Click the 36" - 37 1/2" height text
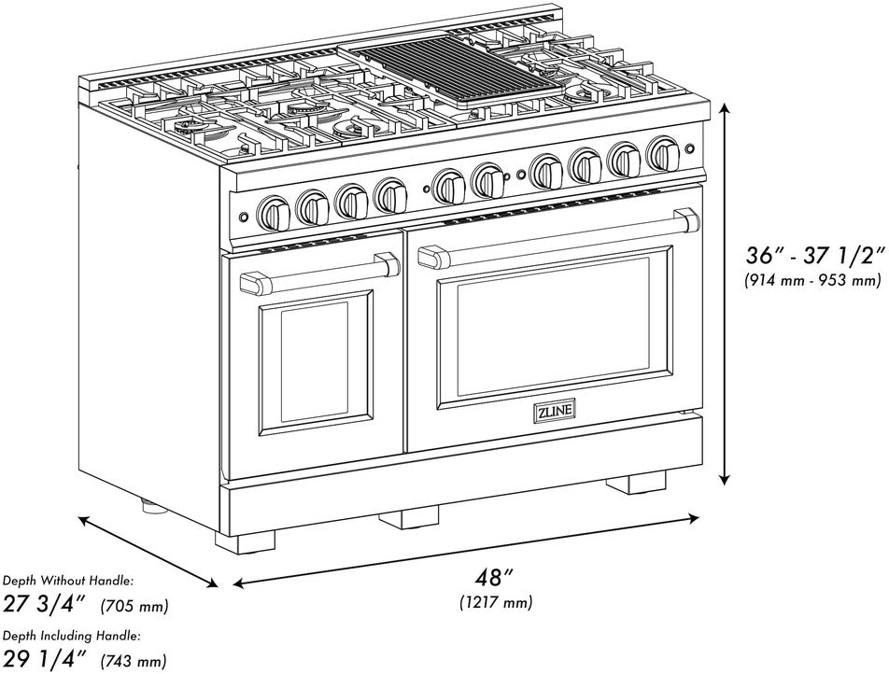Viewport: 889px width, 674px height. pos(811,255)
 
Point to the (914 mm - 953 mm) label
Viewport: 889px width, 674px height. pos(811,279)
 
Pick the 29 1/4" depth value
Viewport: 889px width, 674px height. pos(45,658)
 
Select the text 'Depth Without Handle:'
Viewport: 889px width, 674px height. pos(67,581)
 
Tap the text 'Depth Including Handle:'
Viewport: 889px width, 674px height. pos(71,635)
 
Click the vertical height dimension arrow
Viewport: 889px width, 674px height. pos(724,294)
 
